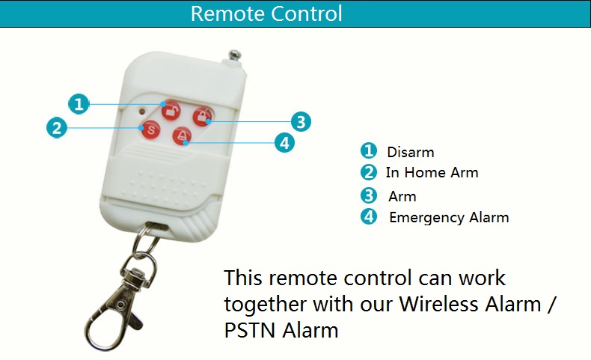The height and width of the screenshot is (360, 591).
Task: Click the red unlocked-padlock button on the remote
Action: (172, 110)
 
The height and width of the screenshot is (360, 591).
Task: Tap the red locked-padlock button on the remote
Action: (202, 115)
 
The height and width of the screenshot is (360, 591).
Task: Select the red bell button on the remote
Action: (182, 135)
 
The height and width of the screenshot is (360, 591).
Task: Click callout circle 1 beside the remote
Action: (79, 104)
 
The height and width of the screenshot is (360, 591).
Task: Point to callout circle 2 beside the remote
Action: (55, 127)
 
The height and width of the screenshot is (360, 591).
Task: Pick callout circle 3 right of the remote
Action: (300, 121)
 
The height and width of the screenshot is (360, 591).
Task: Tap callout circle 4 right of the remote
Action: (284, 142)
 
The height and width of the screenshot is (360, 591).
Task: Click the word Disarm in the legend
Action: (410, 152)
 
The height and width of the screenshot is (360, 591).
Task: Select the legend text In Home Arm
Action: (432, 173)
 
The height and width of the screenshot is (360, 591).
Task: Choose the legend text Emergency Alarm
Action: (449, 218)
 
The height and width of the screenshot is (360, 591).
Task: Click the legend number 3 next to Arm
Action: (368, 196)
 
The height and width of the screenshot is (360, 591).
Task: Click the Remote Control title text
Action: (266, 13)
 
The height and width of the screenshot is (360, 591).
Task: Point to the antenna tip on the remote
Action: (236, 54)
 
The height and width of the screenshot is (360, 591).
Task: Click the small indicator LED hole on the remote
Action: (141, 112)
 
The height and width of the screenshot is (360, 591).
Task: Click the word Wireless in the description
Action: (438, 304)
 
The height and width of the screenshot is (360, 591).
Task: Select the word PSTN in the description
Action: (250, 329)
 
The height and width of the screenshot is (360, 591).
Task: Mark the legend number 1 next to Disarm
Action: (367, 150)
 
